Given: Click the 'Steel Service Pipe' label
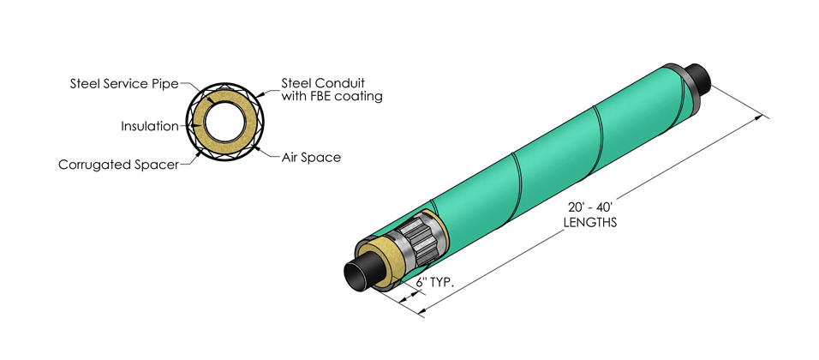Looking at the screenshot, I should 123,84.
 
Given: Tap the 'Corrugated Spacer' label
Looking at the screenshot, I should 117,163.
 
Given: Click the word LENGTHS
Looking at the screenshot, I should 591,221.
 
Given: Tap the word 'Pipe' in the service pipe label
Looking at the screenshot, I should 164,84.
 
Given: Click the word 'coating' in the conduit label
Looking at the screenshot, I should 360,97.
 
